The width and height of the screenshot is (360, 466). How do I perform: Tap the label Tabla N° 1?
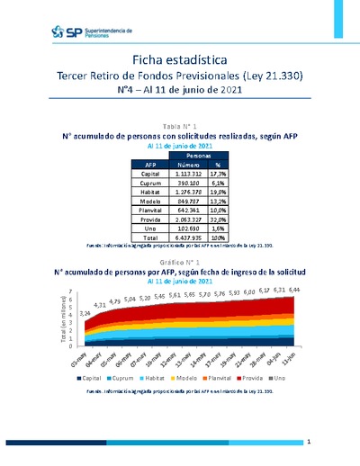pyautogui.click(x=179, y=125)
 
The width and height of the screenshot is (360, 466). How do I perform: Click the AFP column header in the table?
pyautogui.click(x=149, y=165)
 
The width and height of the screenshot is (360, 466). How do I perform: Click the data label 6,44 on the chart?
pyautogui.click(x=292, y=290)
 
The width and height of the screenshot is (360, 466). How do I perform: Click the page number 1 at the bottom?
pyautogui.click(x=309, y=443)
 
